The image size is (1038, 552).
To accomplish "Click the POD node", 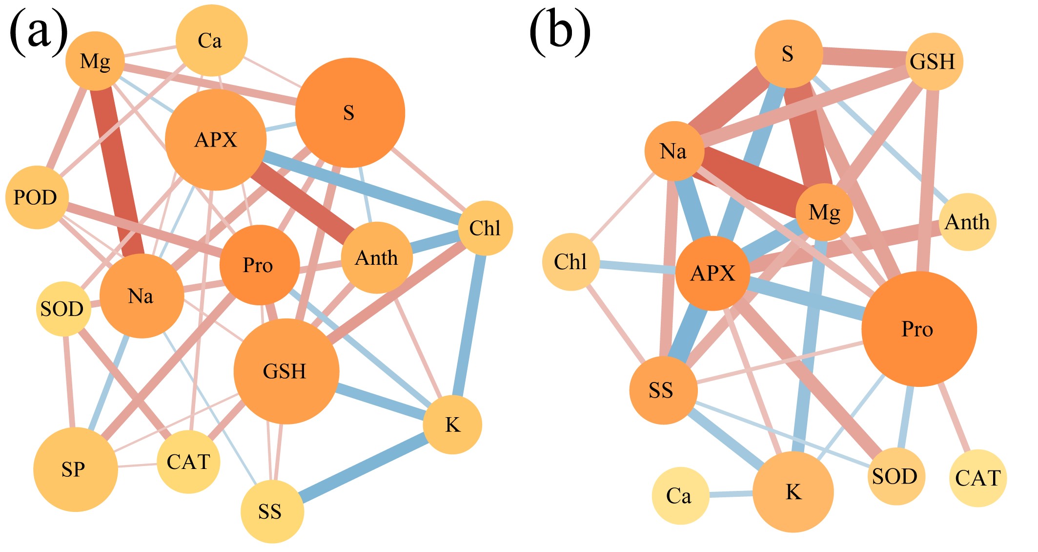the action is coord(37,197).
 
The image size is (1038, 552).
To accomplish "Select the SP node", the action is coord(76,469).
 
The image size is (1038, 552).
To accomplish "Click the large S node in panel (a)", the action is coord(350,113).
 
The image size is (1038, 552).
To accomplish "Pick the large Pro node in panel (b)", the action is coord(919,329).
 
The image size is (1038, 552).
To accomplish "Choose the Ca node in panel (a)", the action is coord(211,41).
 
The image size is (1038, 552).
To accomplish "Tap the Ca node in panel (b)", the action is coord(680,496).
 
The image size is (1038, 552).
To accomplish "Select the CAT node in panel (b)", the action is coord(978,478).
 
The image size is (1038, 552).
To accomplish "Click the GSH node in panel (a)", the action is coord(286,371).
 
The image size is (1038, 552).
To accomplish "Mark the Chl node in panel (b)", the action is coord(571,262).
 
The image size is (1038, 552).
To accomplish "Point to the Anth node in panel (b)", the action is coord(968,222).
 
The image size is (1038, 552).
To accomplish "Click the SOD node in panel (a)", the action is coord(63,309).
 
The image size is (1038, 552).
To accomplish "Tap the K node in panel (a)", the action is coord(452,425).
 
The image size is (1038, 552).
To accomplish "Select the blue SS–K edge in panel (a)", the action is coord(365,468).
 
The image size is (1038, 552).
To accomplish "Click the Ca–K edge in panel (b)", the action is coord(731,494).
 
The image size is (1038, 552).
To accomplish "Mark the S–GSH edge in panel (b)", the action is coord(864,58).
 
